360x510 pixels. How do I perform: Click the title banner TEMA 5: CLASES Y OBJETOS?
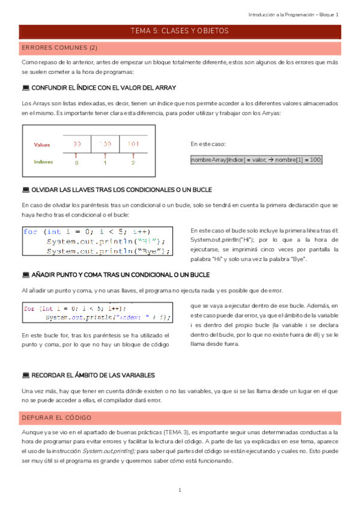click(180, 31)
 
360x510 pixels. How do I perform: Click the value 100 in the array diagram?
click(106, 144)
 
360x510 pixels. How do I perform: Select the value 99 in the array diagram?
click(77, 144)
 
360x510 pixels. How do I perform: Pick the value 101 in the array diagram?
click(133, 144)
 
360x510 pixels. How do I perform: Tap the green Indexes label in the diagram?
click(43, 161)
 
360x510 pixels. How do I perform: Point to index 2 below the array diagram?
click(133, 162)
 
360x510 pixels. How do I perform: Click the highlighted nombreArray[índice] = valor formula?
click(257, 159)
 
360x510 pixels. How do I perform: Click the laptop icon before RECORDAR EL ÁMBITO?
click(25, 375)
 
